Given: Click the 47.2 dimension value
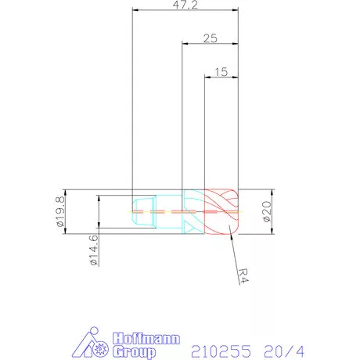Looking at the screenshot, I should click(185, 5).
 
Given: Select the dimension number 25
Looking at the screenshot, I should click(210, 38).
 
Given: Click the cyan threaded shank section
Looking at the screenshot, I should click(160, 211).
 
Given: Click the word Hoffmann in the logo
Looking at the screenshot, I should click(146, 338).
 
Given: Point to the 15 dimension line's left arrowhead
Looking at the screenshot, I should click(207, 77).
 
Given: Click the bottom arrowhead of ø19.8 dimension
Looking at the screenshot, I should click(66, 231).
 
